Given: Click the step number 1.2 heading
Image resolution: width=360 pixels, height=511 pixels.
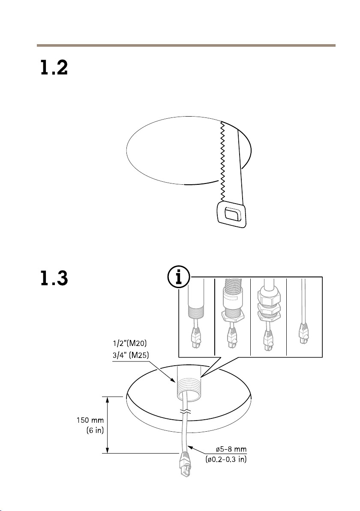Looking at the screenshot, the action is point(54,68).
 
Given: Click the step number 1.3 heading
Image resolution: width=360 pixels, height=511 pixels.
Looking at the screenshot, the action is point(54,278).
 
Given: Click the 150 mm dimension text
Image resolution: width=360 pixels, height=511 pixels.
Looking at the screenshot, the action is point(90,420).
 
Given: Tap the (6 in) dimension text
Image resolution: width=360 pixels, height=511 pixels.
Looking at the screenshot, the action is point(95,430).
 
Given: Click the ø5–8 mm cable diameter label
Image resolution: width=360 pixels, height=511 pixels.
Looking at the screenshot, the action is point(231,449).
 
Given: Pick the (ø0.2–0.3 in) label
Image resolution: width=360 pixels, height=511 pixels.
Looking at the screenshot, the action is point(226,460).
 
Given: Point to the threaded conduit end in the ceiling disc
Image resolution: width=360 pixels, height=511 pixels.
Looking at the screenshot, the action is point(189,383).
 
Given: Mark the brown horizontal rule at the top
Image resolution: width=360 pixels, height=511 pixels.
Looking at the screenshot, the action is point(186,45).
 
